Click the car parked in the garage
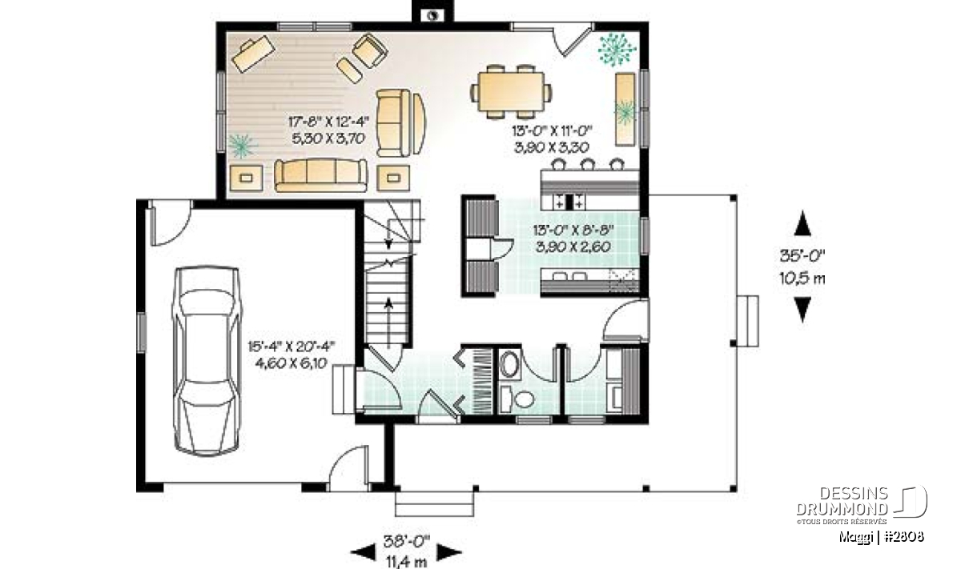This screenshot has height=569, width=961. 207,360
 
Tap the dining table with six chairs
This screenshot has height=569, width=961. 511,92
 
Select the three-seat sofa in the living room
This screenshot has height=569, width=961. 321,175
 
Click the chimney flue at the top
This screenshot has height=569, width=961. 433,16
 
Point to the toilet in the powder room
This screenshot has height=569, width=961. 518,398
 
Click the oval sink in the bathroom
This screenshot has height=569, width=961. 509,364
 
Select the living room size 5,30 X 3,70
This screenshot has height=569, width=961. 328,138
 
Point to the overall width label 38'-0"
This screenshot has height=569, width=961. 407,542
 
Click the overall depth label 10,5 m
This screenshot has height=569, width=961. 802,278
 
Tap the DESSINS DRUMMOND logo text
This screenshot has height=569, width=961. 842,501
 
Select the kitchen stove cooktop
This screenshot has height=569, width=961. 569,201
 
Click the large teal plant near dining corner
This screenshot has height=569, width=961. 617,50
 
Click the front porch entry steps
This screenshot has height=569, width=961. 434,504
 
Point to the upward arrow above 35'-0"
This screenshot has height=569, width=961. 802,223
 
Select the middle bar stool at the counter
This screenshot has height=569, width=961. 587,164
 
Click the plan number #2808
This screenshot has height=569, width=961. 904,537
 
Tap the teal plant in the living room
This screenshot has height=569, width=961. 242,146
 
